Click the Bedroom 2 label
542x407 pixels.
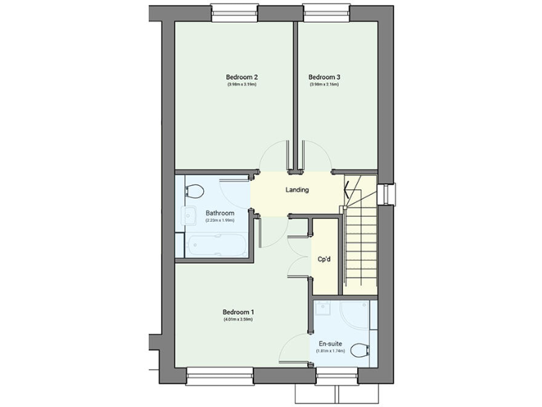(x=241, y=77)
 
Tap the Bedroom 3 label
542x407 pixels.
(x=324, y=77)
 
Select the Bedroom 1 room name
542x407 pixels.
(x=238, y=312)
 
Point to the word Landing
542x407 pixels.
(x=297, y=190)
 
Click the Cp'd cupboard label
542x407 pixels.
(x=325, y=259)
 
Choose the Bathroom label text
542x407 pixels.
(x=219, y=213)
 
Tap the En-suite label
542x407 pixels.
(x=331, y=343)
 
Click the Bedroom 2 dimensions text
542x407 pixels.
(x=241, y=85)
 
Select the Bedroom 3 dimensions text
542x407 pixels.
(x=324, y=85)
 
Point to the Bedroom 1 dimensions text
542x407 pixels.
(x=238, y=320)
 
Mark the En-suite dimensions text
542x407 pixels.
(x=331, y=350)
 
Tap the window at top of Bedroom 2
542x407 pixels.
(x=234, y=11)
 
